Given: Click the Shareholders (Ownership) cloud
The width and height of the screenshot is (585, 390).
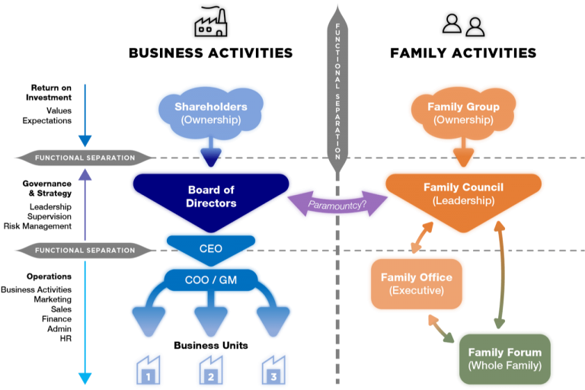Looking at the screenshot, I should [210, 113].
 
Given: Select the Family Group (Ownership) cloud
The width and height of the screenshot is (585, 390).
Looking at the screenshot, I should [463, 113].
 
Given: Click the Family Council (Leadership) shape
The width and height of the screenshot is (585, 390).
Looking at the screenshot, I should [463, 193].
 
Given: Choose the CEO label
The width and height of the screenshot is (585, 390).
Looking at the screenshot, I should [211, 248].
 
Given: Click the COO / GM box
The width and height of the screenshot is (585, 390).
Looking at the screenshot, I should [211, 280].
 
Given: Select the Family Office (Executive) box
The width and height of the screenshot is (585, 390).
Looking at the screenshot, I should [416, 283].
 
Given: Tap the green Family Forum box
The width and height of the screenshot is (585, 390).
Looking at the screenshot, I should [504, 358].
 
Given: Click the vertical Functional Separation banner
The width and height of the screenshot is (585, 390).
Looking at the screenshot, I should [337, 84].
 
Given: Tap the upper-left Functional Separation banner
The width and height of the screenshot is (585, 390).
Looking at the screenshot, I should [85, 158].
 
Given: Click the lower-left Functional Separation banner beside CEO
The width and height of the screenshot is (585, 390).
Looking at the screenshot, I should [85, 250].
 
